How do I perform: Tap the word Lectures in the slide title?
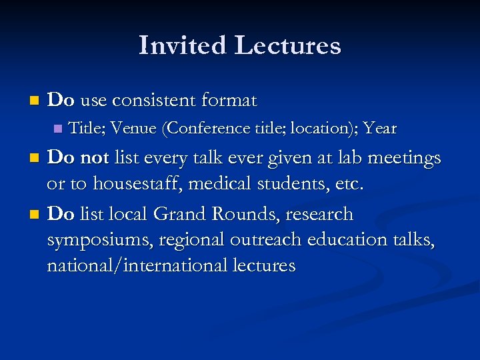[287, 45]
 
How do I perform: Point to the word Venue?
[131, 127]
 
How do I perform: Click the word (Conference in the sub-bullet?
[202, 127]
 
